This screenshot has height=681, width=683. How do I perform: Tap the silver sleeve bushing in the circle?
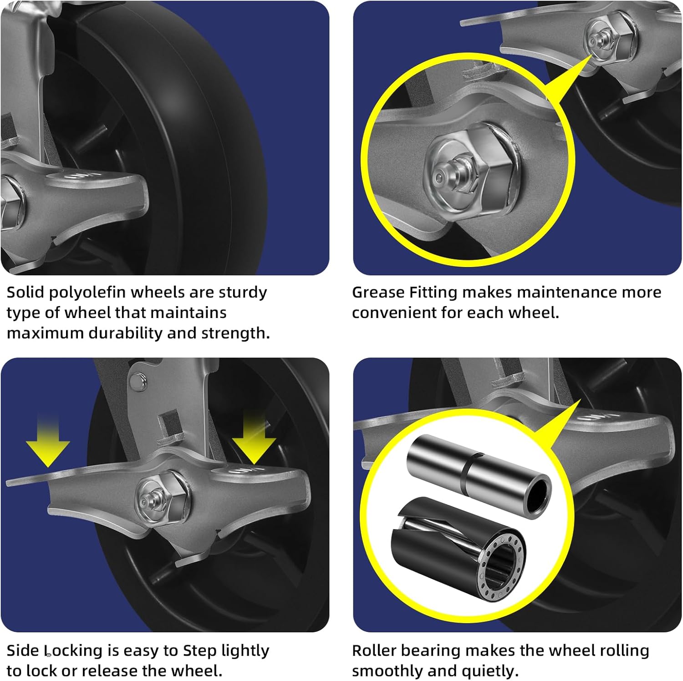[x=479, y=475]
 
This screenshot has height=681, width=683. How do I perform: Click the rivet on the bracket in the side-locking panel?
[x=137, y=381]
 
